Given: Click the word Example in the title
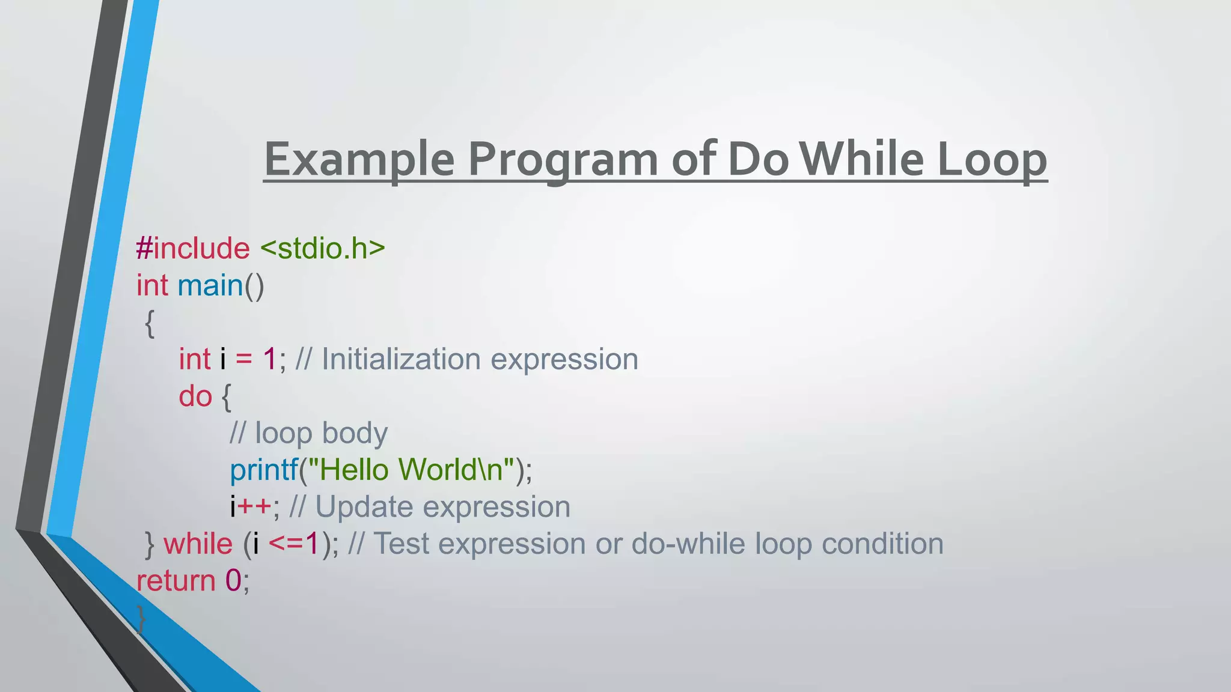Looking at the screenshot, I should pos(359,160).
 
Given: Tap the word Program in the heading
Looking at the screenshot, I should pos(563,160).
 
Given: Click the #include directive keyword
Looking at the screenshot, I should pos(193,249).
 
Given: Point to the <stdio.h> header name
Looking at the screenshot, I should pos(323,249).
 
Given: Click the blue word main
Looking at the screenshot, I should pos(210,285).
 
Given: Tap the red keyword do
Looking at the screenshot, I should pos(195,396).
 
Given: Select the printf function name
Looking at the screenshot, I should pos(264,470).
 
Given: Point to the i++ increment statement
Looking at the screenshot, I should pos(251,507).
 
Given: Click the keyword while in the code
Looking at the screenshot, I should pos(198,544).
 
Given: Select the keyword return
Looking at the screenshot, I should pos(176,581).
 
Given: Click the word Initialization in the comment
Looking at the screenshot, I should pos(401,360).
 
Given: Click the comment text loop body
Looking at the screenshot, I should pos(321,433).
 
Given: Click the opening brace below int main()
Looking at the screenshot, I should pos(150,324).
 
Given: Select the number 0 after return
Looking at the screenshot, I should pos(233,581).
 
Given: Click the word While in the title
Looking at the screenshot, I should pos(861,160).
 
